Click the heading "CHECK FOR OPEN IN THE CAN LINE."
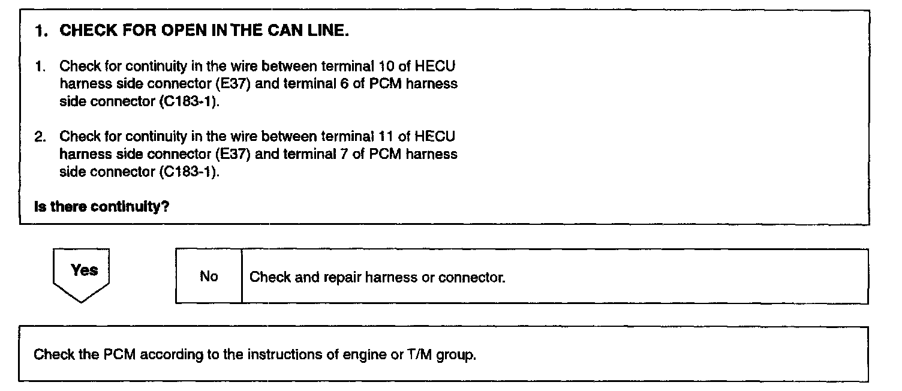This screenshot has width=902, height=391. pyautogui.click(x=204, y=32)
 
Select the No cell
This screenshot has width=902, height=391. pyautogui.click(x=209, y=277)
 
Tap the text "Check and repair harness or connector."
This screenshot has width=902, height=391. pyautogui.click(x=377, y=278)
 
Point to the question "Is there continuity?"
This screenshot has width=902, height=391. pyautogui.click(x=101, y=207)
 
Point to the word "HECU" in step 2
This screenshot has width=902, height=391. pyautogui.click(x=434, y=136)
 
